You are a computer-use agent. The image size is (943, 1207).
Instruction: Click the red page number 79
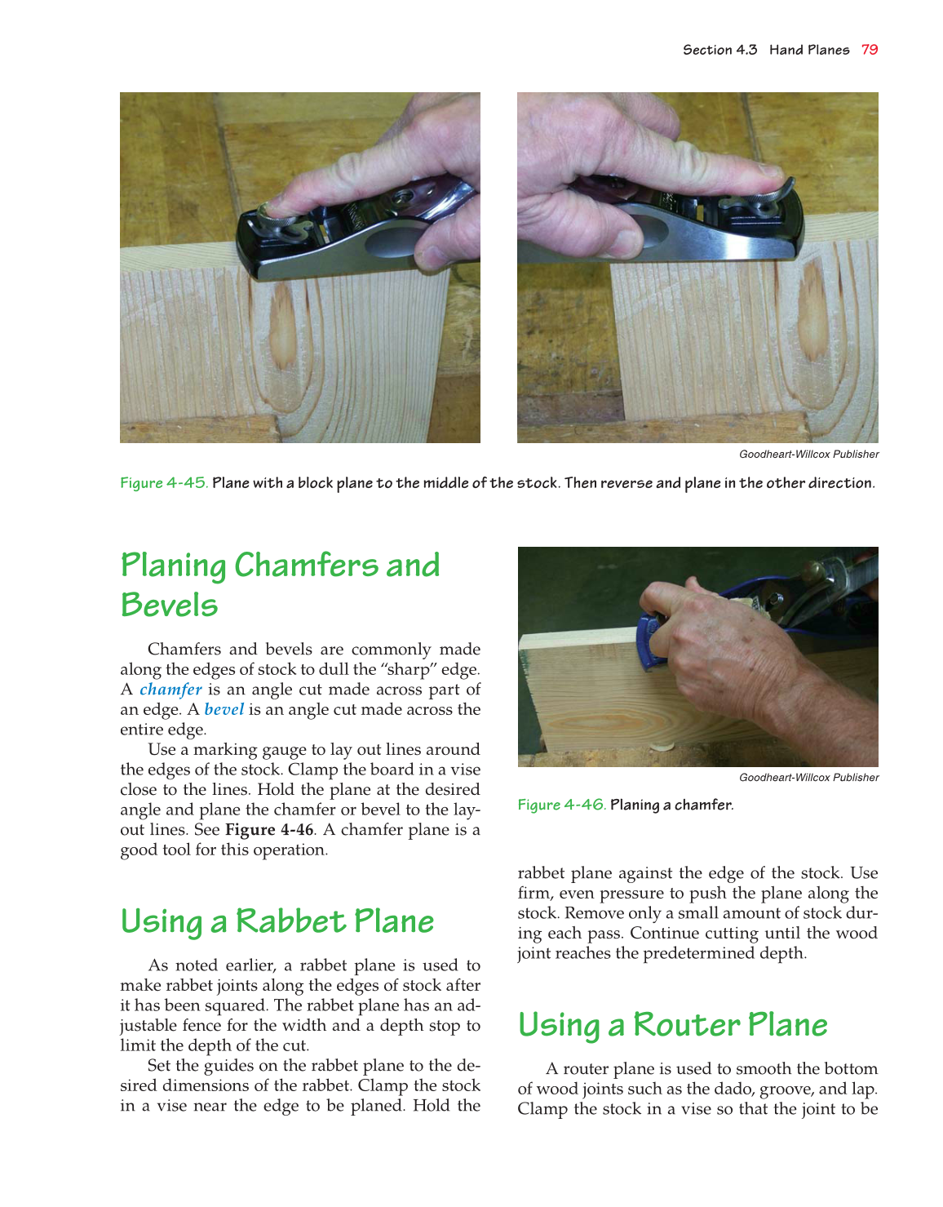(870, 50)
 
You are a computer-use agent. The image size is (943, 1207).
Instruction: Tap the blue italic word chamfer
(170, 690)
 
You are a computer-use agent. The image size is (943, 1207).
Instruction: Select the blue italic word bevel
(224, 710)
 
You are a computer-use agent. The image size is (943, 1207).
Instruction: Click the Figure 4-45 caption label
(163, 483)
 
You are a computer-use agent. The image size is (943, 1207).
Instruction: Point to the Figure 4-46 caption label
(561, 805)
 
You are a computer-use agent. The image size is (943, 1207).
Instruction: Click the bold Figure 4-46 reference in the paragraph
(269, 830)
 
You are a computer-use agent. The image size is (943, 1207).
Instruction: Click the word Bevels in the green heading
(169, 606)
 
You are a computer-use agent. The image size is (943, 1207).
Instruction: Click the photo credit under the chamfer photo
(808, 778)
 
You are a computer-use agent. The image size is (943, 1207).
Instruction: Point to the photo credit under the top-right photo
(808, 455)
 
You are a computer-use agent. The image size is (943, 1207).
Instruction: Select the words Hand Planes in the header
(808, 50)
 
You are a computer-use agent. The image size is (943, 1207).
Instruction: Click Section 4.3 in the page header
(719, 50)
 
